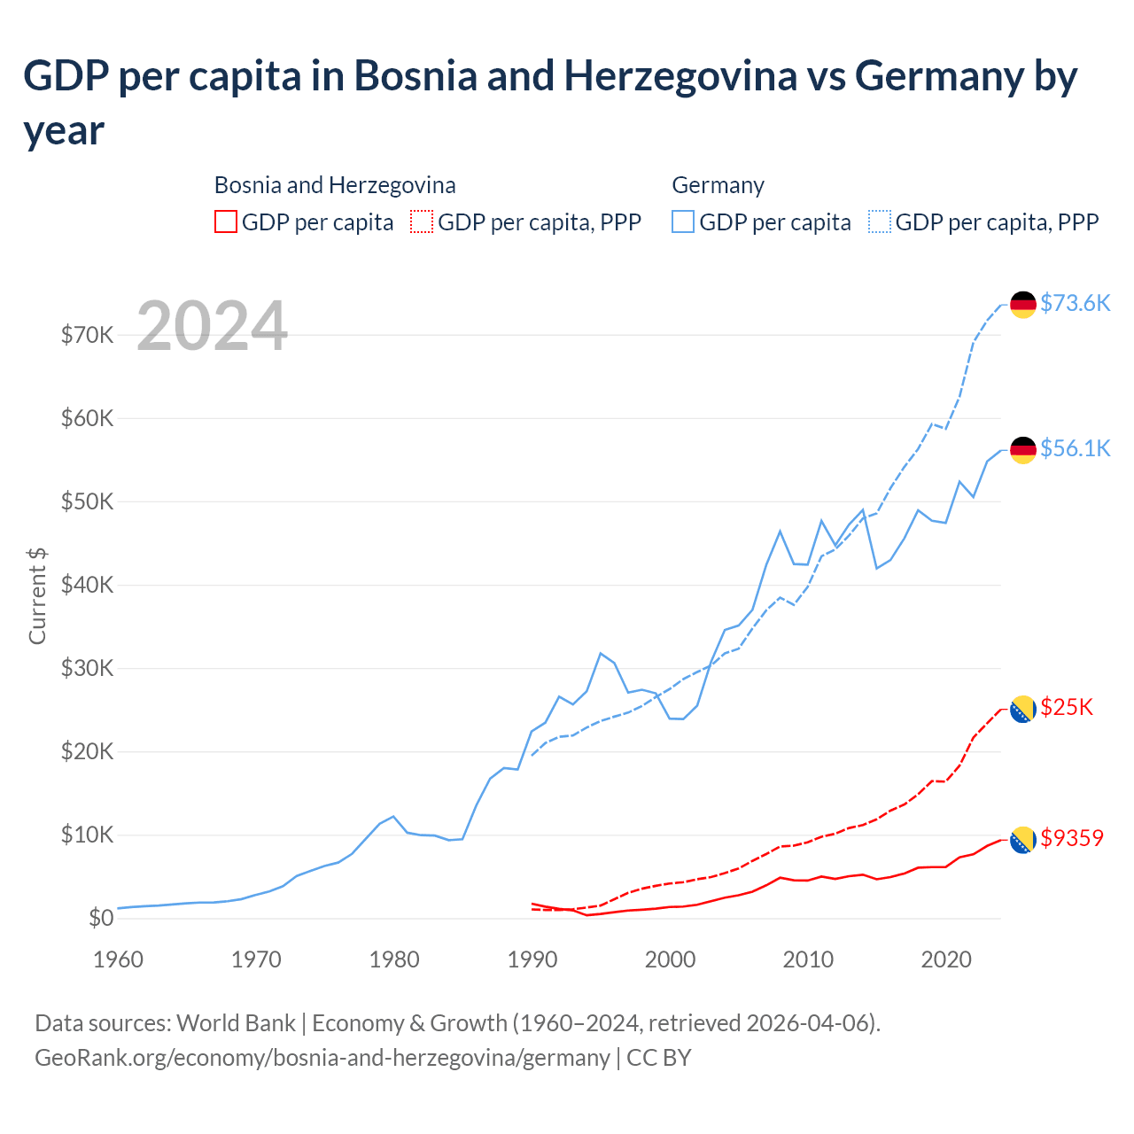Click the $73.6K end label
1075,303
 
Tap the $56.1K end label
1075,448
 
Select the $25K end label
1067,707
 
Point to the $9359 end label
1072,838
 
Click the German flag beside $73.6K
1023,304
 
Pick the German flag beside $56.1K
1023,449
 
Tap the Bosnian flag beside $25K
1023,709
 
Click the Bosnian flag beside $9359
1023,840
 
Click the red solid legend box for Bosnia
226,221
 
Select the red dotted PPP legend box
422,221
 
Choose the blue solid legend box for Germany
683,221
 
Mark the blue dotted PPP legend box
880,221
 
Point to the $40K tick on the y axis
87,585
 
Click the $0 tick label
101,918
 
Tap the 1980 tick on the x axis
394,959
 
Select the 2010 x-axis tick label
808,959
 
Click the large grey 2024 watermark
212,326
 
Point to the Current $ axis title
37,595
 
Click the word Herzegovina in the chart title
680,76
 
